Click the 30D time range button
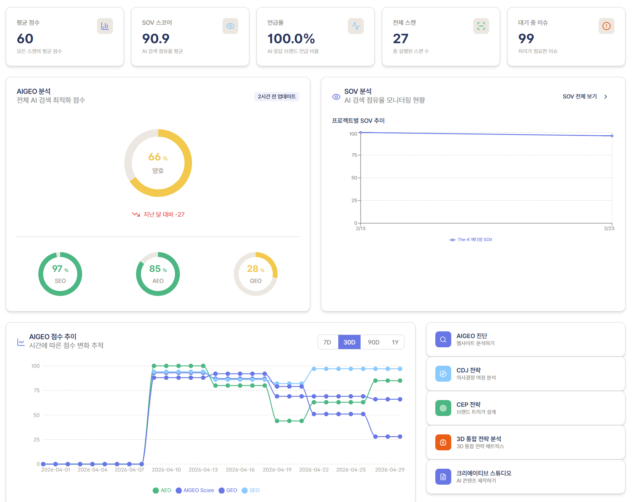349,342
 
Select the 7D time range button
327,342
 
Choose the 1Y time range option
395,342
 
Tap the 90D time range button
374,342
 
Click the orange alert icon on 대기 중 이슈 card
606,26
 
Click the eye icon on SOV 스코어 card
230,26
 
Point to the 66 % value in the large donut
158,157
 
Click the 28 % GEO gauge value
256,269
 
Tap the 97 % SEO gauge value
60,269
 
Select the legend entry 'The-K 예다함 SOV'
471,240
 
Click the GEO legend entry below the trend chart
228,490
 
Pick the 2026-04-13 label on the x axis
203,470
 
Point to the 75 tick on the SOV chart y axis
354,155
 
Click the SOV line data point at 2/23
612,136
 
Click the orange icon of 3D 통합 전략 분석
443,442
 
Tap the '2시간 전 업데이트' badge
277,97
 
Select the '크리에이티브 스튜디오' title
484,473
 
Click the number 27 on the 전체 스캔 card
401,39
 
